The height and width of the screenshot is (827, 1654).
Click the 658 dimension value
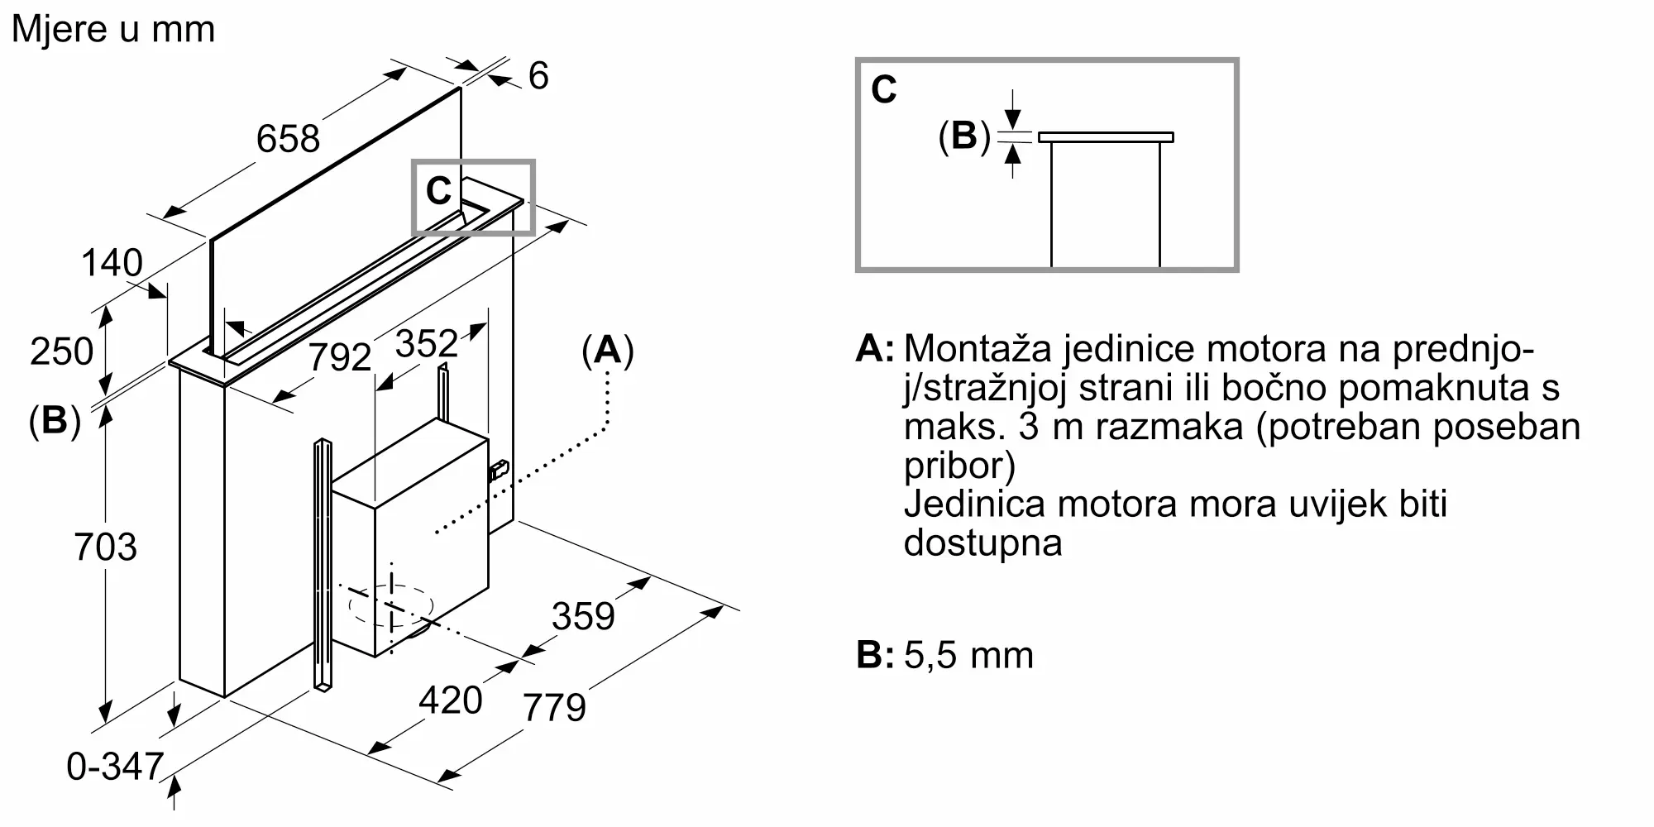coord(288,138)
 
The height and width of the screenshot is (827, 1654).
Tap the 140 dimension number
coord(112,263)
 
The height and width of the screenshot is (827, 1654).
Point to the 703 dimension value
coord(105,547)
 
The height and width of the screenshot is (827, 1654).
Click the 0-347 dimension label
coord(115,767)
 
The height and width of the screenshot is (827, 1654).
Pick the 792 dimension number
coord(340,357)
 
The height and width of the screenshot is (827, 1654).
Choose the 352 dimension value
coord(427,343)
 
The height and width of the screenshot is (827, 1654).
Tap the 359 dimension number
coord(584,616)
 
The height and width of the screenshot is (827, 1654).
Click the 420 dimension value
coord(451,700)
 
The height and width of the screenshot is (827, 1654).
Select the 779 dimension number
coord(555,707)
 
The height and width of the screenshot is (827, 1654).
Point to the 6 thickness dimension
coord(538,76)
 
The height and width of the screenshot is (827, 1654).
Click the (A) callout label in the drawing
coord(608,351)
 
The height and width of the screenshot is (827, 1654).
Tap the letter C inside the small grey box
coord(438,191)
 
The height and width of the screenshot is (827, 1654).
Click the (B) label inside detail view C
coord(964,136)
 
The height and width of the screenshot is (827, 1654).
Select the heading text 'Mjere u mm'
coord(113,29)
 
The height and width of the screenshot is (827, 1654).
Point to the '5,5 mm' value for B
coord(969,656)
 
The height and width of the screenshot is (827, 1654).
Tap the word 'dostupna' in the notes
coord(983,543)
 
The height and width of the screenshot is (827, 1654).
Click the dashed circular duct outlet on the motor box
coord(391,606)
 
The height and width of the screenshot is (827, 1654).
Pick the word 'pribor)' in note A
coord(959,466)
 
